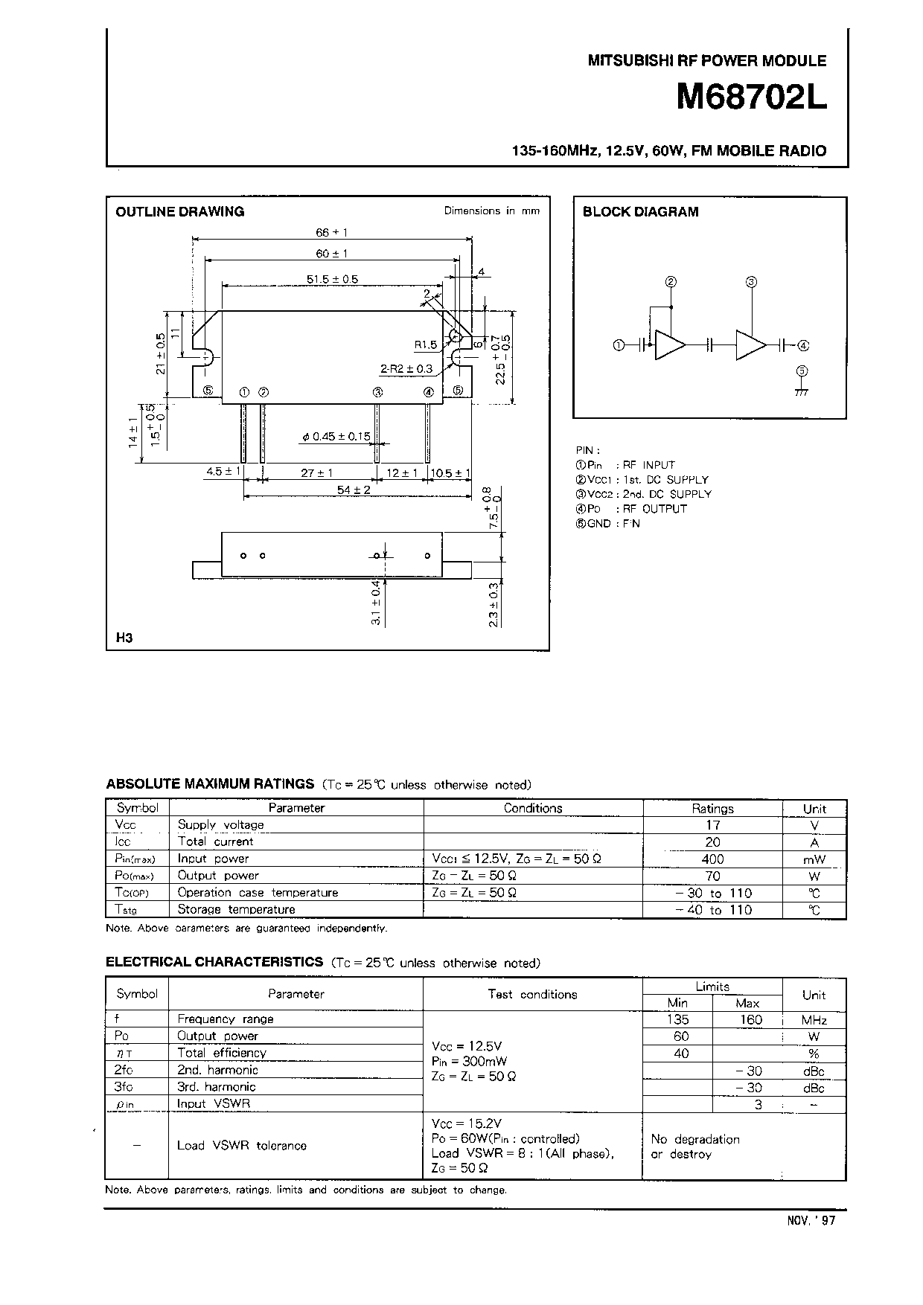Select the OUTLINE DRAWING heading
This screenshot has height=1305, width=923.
click(179, 211)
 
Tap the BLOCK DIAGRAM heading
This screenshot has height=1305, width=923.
click(640, 211)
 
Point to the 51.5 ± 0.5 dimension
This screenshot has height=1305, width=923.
click(332, 279)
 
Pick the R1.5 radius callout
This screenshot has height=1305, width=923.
click(425, 344)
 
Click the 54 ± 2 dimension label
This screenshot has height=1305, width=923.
click(354, 490)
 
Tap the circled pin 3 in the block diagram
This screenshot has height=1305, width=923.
click(751, 282)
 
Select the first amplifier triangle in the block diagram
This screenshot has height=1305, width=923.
click(669, 345)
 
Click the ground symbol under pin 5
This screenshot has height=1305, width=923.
click(802, 390)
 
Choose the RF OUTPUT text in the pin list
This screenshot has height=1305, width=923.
click(654, 509)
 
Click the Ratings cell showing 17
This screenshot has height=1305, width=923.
click(712, 824)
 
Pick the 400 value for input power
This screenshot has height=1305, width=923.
click(712, 859)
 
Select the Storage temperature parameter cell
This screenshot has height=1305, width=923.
click(236, 909)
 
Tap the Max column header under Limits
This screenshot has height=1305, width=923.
click(747, 1003)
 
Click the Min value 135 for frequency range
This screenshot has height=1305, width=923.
click(677, 1019)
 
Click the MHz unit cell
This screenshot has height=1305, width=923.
click(814, 1020)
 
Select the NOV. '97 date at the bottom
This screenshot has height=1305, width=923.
click(811, 1220)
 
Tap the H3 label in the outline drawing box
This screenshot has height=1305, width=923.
click(124, 638)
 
